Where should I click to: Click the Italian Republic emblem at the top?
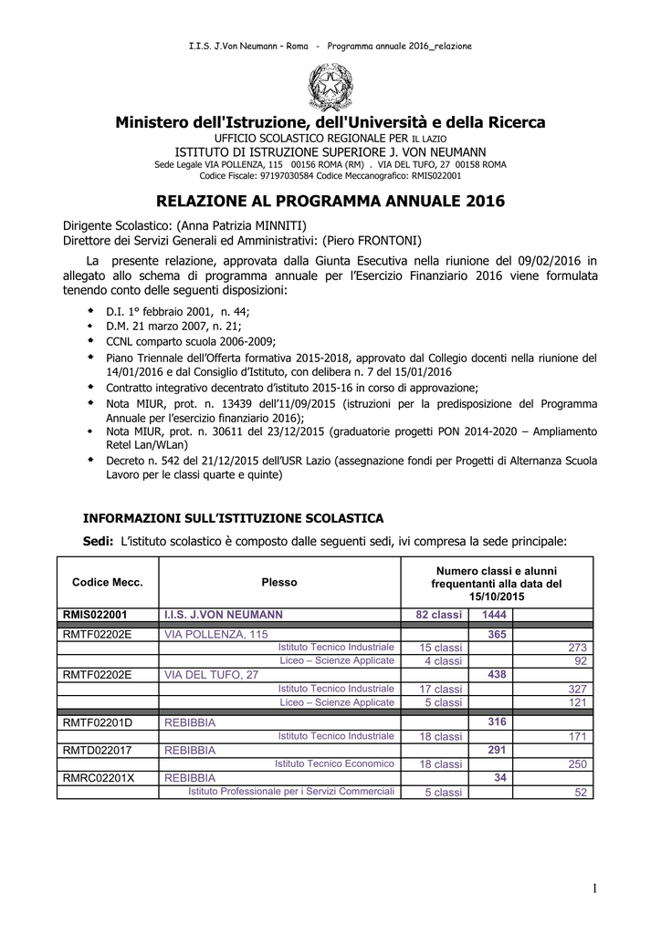(330, 87)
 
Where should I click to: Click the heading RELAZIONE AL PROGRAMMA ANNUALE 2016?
(330, 201)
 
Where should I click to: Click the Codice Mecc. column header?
(108, 582)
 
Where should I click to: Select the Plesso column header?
(279, 582)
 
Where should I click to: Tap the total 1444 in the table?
(495, 615)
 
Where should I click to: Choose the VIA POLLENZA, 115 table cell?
(216, 634)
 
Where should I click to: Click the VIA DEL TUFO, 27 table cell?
(211, 675)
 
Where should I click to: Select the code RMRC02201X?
(98, 778)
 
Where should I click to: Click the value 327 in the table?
(576, 690)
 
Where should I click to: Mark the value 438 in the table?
(498, 675)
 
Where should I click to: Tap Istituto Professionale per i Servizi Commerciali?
(291, 792)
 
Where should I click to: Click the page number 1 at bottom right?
(593, 888)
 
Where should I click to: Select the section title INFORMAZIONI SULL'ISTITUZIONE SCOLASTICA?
(234, 518)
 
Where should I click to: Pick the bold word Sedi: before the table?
(98, 542)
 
